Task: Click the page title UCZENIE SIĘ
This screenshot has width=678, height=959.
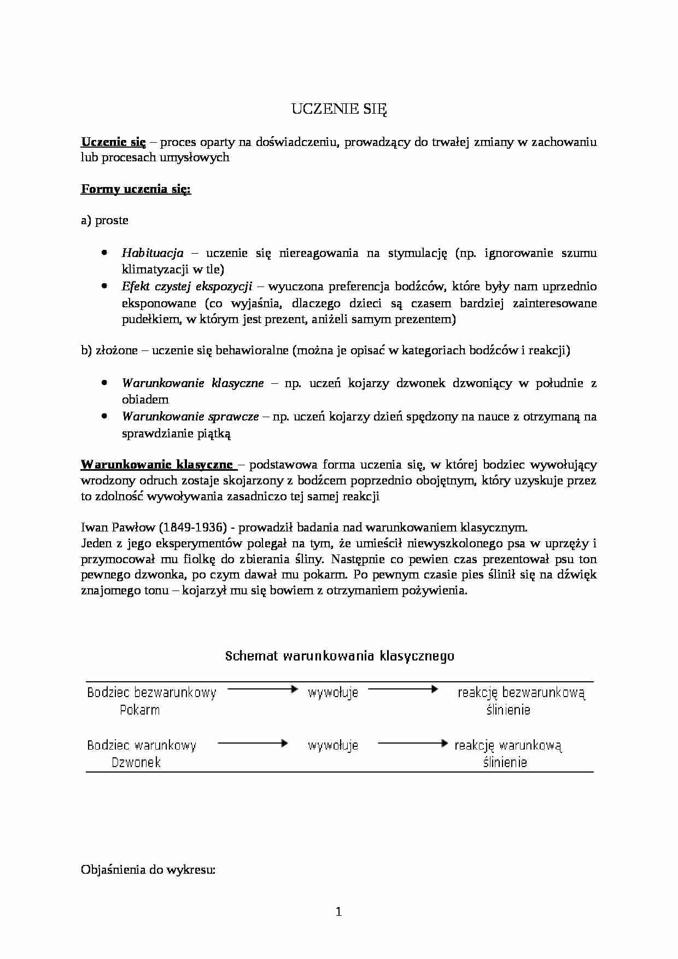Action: [x=338, y=109]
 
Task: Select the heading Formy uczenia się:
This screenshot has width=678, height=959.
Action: [x=136, y=189]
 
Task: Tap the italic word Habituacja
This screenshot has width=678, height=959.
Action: [x=153, y=253]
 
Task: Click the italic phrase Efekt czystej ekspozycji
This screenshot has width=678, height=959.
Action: [x=186, y=286]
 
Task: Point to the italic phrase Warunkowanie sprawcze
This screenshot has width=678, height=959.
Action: [x=190, y=416]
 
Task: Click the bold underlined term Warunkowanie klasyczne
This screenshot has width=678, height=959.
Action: [x=157, y=464]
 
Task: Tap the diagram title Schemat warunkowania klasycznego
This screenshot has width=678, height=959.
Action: [x=340, y=656]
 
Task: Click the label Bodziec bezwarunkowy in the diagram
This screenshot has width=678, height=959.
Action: [x=151, y=693]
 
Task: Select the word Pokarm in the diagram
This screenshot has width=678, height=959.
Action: [x=139, y=710]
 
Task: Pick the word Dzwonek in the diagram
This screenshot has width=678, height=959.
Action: [x=136, y=762]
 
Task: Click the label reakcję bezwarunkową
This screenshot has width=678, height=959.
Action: [x=521, y=693]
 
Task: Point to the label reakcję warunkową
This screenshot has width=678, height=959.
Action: [x=508, y=745]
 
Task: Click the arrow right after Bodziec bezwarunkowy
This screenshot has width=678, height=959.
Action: [x=261, y=689]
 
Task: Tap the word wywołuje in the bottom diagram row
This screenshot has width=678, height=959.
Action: [x=333, y=745]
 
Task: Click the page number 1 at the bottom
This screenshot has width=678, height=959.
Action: [x=338, y=911]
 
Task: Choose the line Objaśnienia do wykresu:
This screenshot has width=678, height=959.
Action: [x=148, y=869]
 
